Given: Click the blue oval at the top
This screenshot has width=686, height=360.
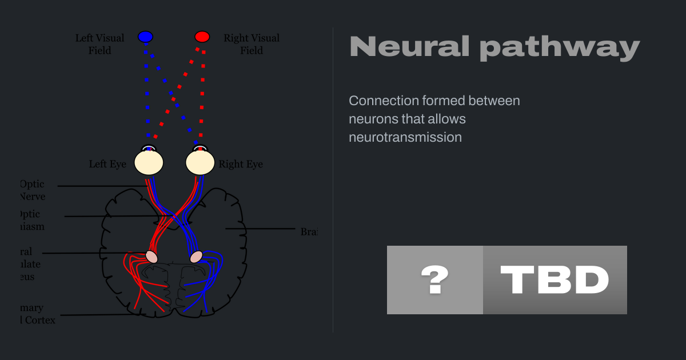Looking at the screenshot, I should click(x=146, y=37).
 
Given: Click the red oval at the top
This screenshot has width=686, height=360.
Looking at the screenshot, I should click(x=202, y=37).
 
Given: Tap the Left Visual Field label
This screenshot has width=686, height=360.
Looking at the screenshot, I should click(x=100, y=44).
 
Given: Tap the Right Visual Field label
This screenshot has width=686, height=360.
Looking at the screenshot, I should click(x=252, y=44).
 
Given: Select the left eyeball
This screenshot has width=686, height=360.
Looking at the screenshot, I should click(x=149, y=162).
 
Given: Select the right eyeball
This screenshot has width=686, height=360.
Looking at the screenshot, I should click(x=200, y=162).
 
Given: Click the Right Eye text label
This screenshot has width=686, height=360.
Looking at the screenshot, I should click(x=241, y=164).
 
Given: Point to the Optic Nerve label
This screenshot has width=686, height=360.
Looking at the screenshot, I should click(x=32, y=190).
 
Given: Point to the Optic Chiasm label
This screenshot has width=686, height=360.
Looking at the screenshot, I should click(x=31, y=220).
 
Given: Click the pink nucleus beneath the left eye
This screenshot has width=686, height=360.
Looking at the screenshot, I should click(x=151, y=257).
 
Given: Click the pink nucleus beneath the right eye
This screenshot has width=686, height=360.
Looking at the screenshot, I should click(x=196, y=257).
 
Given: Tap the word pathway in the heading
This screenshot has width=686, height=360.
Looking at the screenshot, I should click(x=560, y=48).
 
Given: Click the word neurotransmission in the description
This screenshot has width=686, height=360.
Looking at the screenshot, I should click(x=405, y=137).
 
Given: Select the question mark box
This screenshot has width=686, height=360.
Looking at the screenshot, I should click(x=435, y=280).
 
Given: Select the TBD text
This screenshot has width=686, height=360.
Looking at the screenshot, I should click(x=555, y=280).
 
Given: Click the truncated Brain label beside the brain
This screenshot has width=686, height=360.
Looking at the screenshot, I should click(x=309, y=231).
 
